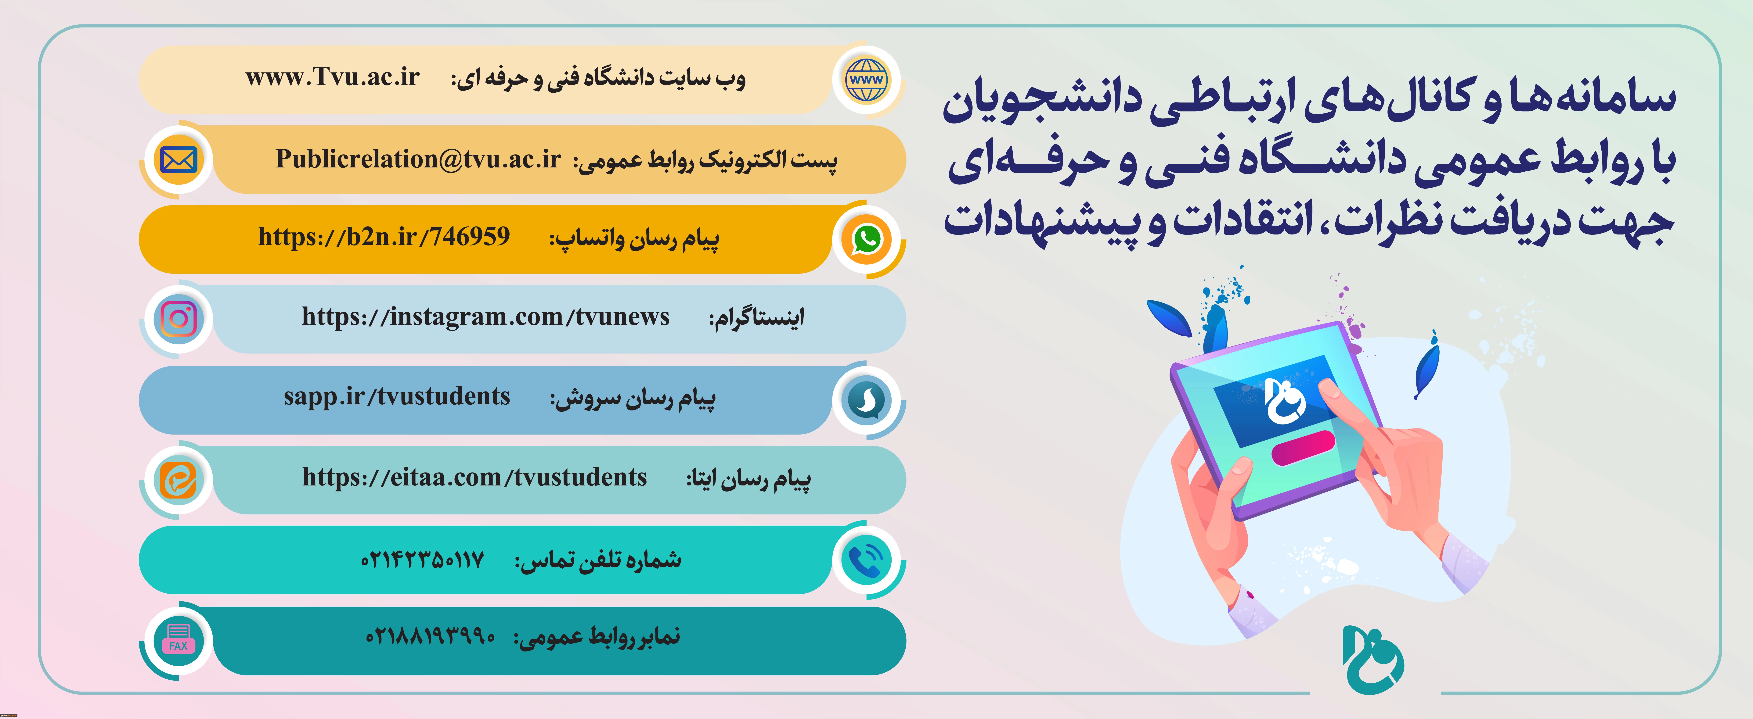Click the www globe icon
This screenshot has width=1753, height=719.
pos(866,80)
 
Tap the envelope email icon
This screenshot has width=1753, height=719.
pos(178,160)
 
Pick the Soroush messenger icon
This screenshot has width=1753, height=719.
pos(866,399)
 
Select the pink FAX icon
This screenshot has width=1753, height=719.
pos(178,639)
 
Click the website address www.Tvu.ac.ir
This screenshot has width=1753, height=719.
pos(333,77)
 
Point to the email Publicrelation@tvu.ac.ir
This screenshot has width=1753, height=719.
pos(418,159)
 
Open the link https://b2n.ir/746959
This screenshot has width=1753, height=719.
pos(384,237)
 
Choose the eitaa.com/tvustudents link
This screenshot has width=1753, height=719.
pos(474,478)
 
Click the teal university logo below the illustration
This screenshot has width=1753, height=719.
pos(1373,660)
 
